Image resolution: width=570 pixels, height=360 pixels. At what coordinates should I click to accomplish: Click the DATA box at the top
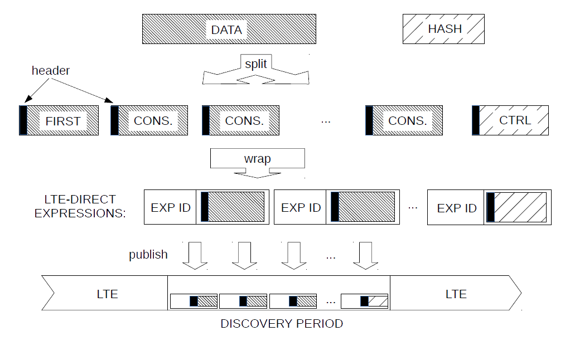229,29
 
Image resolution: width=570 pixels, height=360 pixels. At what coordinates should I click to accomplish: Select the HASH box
443,29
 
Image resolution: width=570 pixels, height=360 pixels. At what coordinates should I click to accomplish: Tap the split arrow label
256,64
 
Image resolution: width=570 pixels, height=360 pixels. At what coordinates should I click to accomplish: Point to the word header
51,70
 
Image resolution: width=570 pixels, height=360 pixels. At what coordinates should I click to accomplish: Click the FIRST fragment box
62,120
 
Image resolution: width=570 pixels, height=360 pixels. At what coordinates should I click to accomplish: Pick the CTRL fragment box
514,120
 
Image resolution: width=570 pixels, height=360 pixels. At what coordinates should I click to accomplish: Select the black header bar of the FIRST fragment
23,120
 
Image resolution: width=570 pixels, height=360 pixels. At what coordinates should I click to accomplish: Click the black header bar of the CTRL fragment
476,120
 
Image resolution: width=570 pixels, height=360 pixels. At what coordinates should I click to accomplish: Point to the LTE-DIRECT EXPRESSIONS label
80,206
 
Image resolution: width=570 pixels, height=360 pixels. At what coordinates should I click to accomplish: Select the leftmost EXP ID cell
171,208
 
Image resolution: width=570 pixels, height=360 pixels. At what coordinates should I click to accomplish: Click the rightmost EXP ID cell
456,208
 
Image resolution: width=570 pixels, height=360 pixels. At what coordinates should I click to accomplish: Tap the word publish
148,255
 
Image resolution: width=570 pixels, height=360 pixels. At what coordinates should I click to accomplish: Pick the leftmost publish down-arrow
195,256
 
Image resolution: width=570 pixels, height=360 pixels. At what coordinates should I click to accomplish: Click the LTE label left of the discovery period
107,294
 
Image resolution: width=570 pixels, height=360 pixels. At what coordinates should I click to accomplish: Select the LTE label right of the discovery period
456,294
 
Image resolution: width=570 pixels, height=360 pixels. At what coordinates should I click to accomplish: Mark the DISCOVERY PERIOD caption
282,324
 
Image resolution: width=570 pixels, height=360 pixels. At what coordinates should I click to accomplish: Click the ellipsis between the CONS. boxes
326,120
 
